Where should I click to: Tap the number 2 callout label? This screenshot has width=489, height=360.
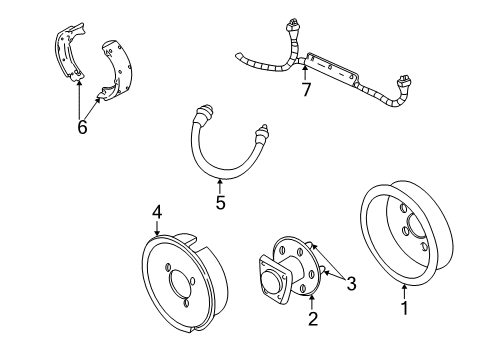(313, 320)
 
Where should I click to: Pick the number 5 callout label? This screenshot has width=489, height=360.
(220, 203)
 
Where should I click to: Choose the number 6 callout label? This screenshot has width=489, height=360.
(82, 127)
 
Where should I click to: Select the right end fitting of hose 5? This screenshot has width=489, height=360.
(262, 130)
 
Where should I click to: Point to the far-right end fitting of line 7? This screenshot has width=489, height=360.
(402, 81)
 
